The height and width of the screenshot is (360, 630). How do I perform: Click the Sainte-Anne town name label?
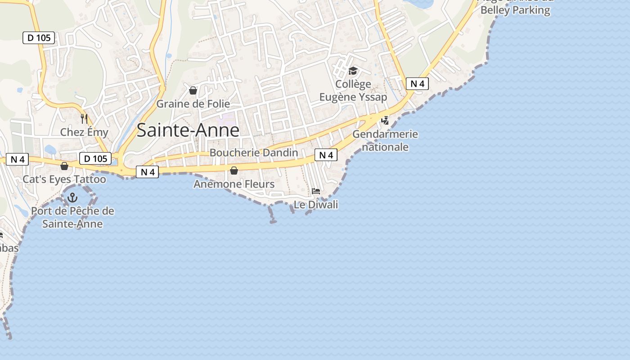[x=188, y=130]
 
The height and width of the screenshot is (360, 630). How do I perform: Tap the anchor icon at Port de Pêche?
[x=72, y=198]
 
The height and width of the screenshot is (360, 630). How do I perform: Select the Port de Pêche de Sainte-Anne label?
[x=72, y=217]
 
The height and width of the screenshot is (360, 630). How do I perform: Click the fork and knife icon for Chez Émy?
[x=84, y=119]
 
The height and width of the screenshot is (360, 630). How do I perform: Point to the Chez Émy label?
[x=84, y=132]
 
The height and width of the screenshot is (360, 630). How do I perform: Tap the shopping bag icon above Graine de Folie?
[x=193, y=91]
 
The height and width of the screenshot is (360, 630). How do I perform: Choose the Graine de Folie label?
[x=193, y=104]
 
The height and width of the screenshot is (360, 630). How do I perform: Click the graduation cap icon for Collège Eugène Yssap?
[x=353, y=71]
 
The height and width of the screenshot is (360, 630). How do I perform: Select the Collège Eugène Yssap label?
[x=353, y=90]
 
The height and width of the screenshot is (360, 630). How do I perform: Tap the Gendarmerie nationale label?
[x=385, y=140]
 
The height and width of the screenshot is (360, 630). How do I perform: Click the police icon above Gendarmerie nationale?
[x=385, y=120]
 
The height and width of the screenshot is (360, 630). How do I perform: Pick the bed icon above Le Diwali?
[x=316, y=191]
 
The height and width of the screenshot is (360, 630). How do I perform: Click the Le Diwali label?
[x=316, y=205]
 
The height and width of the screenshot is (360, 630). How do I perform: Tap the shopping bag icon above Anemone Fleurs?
[x=234, y=171]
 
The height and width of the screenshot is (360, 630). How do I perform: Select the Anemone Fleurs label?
[x=234, y=184]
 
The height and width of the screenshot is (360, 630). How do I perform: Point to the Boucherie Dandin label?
[x=254, y=153]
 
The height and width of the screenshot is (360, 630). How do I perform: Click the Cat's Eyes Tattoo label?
[x=64, y=179]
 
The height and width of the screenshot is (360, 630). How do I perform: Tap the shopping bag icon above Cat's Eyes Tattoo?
[x=64, y=166]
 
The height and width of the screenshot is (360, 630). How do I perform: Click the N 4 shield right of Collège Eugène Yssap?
[x=417, y=83]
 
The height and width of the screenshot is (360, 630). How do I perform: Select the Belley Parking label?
[x=515, y=10]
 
